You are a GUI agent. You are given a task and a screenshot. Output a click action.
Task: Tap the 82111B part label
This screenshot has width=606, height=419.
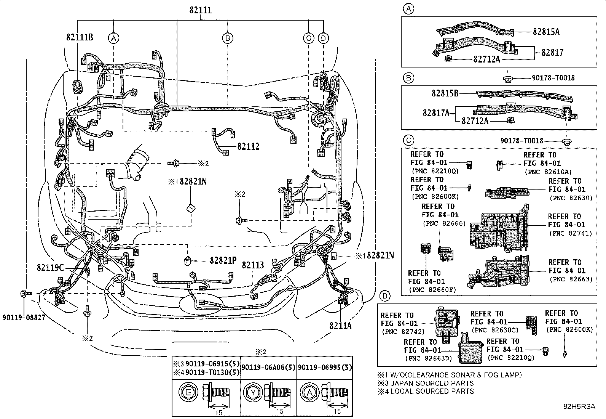click(80, 37)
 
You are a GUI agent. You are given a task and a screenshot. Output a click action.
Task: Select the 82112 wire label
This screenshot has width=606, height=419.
click(248, 146)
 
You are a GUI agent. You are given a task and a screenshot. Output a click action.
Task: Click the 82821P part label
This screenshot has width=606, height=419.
click(223, 260)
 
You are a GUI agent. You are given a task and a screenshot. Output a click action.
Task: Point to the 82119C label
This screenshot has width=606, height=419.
click(50, 268)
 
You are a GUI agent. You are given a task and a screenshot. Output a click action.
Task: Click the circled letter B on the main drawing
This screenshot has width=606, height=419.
click(227, 38)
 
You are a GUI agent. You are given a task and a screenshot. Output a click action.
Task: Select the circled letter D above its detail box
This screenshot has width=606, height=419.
click(385, 295)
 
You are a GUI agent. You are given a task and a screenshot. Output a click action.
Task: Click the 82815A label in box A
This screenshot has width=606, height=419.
click(546, 32)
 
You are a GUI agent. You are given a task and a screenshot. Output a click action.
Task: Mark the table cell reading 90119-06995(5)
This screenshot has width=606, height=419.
click(325, 368)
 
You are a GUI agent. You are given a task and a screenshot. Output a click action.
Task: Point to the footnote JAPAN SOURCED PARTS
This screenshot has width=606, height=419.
click(431, 383)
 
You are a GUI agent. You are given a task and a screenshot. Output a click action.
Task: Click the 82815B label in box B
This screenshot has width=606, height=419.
click(445, 93)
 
